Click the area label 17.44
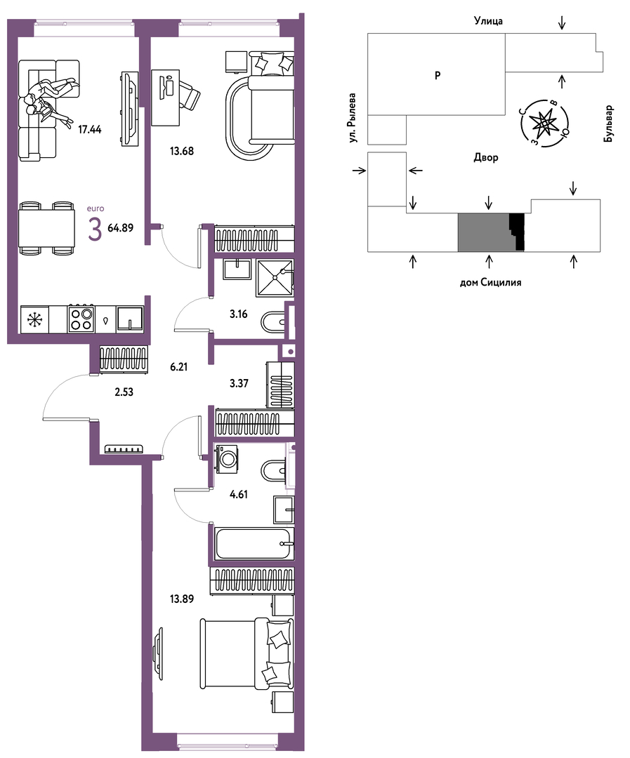(x=89, y=129)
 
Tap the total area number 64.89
(x=121, y=227)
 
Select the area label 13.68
(x=181, y=151)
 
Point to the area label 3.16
(x=239, y=314)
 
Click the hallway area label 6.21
(x=178, y=367)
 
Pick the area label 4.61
(x=239, y=494)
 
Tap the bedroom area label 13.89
(x=181, y=599)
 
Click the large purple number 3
(x=95, y=229)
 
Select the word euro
(x=96, y=208)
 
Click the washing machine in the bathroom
(x=226, y=458)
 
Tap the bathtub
(x=254, y=544)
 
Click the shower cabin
(x=275, y=278)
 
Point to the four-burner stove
(x=81, y=319)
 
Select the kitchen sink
(x=130, y=319)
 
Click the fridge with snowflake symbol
(x=34, y=319)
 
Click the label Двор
(x=486, y=158)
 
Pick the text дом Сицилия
(x=490, y=282)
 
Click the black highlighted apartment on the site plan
(x=517, y=232)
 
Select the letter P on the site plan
(x=438, y=75)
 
